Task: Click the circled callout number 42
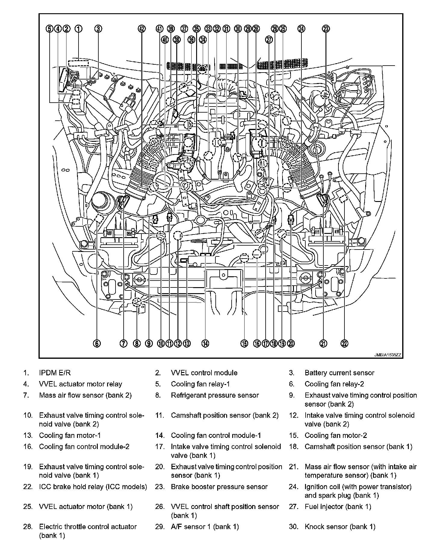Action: (141, 29)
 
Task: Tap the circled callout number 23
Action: (326, 29)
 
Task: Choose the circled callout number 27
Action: (269, 40)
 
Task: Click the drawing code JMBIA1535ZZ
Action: (387, 355)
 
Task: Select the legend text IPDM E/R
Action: (55, 373)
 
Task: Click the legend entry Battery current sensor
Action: (339, 373)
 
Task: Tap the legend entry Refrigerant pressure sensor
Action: (215, 395)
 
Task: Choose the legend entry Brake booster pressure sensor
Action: (219, 487)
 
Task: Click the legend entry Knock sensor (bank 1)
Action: (340, 527)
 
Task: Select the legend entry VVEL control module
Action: (204, 373)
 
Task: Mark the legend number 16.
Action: (28, 447)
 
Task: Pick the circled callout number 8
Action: (137, 343)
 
